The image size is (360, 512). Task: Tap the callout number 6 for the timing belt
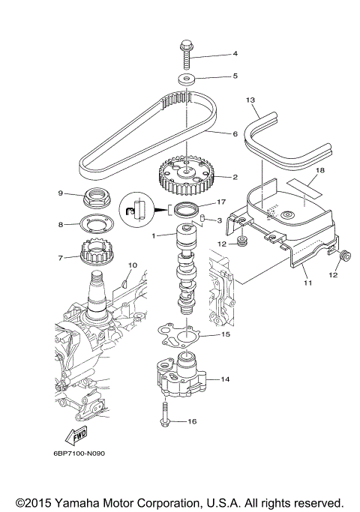click(x=235, y=133)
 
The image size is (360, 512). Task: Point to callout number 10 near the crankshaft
click(x=133, y=265)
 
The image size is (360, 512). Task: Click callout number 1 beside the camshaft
click(x=154, y=236)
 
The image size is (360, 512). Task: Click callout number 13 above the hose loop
click(x=250, y=100)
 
